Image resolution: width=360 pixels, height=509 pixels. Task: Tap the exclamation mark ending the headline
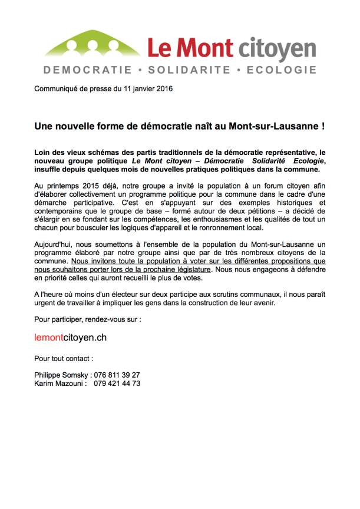coord(323,126)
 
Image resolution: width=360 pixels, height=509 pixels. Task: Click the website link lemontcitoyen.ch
coord(71,338)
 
